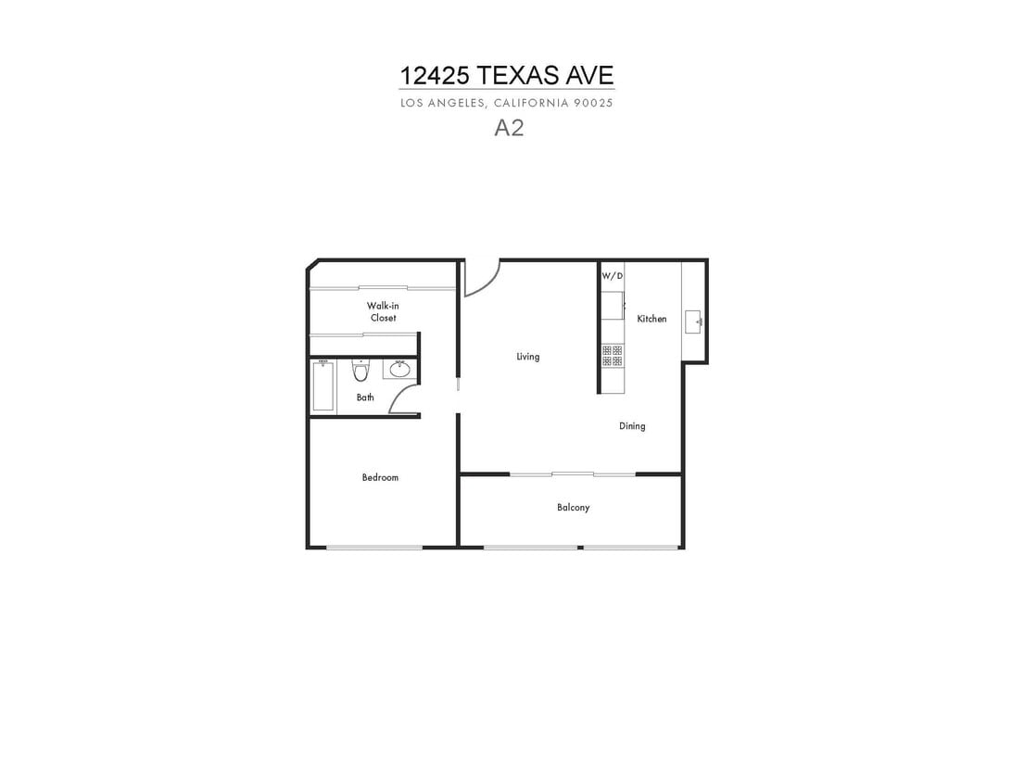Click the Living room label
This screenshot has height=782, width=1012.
[x=528, y=356]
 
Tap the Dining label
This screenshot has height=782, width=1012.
[x=632, y=426]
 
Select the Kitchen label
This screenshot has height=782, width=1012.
[x=651, y=319]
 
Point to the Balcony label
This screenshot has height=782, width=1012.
[x=573, y=508]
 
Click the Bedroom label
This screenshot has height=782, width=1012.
[x=380, y=477]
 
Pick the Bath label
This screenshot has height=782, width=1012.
[x=365, y=397]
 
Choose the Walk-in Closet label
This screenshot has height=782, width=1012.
[x=383, y=311]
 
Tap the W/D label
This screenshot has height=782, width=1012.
[x=613, y=276]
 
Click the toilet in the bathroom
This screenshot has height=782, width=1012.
[x=361, y=371]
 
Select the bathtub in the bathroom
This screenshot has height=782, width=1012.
[x=323, y=385]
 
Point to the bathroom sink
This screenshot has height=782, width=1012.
[x=399, y=369]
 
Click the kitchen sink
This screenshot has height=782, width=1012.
[x=693, y=322]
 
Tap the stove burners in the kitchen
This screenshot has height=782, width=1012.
[x=613, y=356]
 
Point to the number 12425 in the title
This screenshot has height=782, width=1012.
[x=435, y=75]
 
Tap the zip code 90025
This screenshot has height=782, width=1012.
[x=592, y=103]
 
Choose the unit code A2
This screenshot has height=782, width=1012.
[x=509, y=128]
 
